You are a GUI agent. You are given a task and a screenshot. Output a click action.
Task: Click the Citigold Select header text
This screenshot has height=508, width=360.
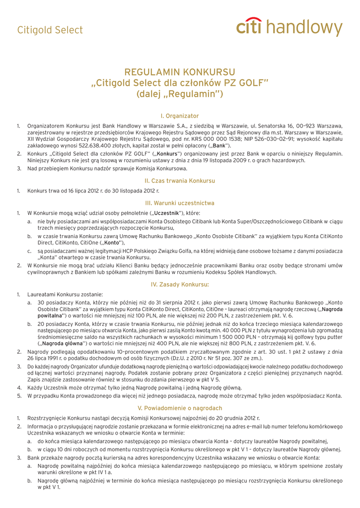click(x=50, y=30)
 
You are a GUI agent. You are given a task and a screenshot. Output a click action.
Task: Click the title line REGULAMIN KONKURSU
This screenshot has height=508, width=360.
click(x=180, y=72)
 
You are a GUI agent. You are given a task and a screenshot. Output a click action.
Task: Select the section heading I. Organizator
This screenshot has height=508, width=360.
click(x=180, y=116)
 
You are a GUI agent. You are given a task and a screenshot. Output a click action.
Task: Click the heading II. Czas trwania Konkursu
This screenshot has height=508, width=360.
click(x=180, y=181)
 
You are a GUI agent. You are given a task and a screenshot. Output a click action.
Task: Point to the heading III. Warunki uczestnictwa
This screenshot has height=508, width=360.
click(x=180, y=203)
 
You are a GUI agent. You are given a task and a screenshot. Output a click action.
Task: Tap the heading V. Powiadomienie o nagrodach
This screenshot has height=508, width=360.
click(x=180, y=408)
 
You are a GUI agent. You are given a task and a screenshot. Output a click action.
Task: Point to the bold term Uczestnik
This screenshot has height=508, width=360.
click(x=168, y=213)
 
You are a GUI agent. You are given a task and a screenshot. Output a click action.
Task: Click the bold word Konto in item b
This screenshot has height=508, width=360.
click(x=113, y=244)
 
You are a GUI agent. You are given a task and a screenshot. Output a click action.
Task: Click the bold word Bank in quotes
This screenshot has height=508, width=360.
click(x=219, y=146)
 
